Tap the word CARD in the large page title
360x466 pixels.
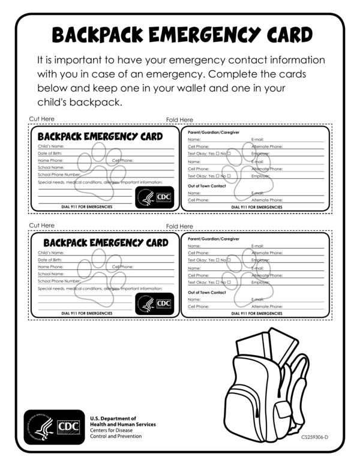pos(282,36)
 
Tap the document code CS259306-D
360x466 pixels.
pos(314,437)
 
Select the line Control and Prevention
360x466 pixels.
pos(116,436)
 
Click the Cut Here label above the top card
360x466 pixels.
pos(41,119)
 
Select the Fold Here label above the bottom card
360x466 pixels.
pos(179,226)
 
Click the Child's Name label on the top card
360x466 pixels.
pos(51,146)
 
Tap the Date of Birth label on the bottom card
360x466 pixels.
pos(50,260)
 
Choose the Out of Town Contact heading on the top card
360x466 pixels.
pos(207,186)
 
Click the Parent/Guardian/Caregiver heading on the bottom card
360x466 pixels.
pos(214,239)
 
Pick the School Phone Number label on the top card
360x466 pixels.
pos(59,175)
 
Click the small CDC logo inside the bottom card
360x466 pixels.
pos(155,303)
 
